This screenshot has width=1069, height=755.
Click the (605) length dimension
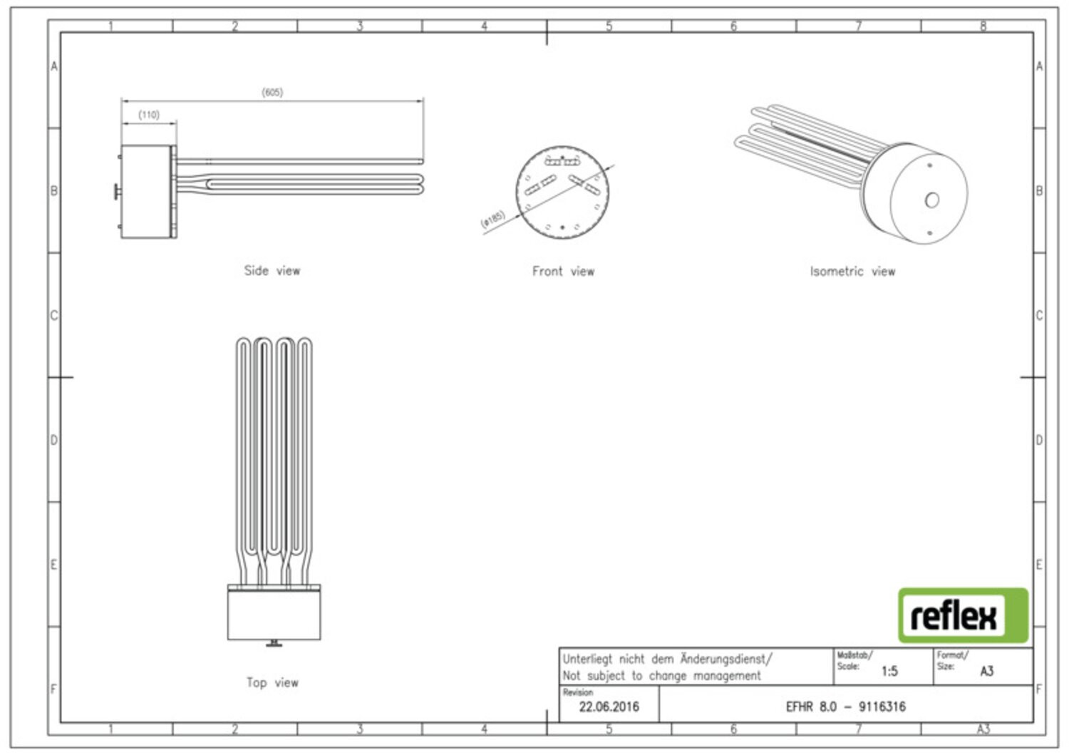272,92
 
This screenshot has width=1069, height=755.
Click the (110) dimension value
149,115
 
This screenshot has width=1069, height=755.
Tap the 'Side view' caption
272,270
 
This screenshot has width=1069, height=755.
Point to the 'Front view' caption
563,271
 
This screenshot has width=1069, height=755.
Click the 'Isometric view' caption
852,271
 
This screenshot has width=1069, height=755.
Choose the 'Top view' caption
272,682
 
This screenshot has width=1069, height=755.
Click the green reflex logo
963,615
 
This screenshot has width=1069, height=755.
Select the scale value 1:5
889,672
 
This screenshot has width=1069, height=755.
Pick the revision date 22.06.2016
609,707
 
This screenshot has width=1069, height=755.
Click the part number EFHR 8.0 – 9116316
846,707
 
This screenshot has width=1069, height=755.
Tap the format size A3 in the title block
986,672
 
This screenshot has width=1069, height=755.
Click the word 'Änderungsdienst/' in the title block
726,659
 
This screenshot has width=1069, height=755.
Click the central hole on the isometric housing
932,200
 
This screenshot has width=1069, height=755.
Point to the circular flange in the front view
562,192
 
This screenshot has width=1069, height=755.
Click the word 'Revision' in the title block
577,692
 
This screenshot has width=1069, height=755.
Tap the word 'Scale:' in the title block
848,666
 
